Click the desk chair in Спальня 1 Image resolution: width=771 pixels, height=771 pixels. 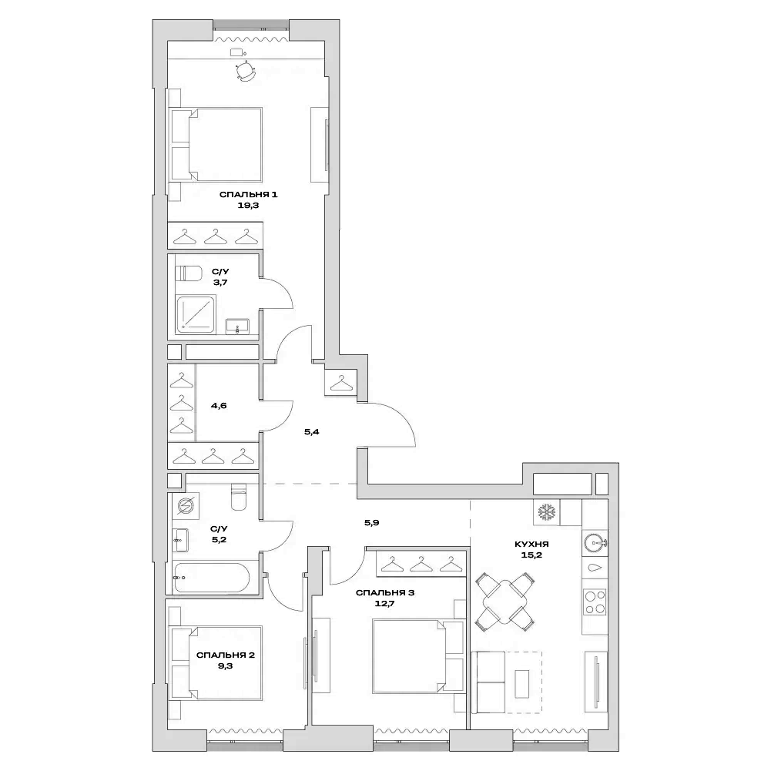coord(246,71)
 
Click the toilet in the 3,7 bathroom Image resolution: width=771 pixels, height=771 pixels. coord(188,273)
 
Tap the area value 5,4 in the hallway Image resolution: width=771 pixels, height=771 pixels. coord(311,432)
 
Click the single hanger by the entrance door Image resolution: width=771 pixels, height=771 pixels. coord(340,381)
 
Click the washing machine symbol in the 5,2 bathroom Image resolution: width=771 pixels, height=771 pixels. coord(185,506)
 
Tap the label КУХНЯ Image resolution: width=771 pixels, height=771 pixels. coord(531,544)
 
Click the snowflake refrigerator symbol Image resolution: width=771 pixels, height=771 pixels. coord(547,512)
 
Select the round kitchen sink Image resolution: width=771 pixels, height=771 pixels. coord(594,542)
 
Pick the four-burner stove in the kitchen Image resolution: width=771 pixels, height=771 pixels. coord(594,601)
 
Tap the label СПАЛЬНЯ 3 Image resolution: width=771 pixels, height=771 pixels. coord(385,593)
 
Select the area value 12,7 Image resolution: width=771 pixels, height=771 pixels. coord(385,605)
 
